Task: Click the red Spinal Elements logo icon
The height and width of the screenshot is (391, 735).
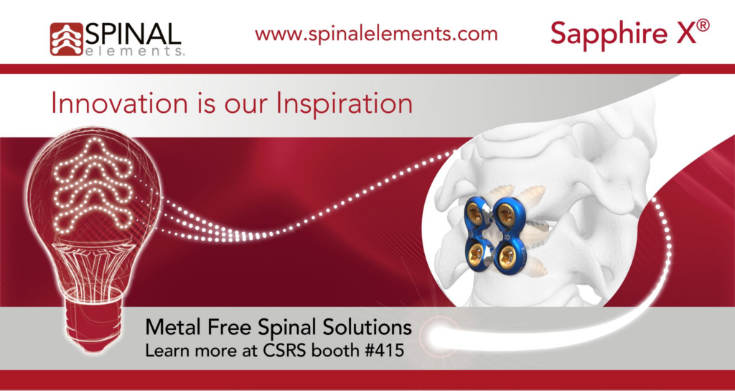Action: point(66,39)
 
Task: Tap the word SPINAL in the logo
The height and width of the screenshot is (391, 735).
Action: point(133,33)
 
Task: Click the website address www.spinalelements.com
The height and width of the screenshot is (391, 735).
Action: point(376,34)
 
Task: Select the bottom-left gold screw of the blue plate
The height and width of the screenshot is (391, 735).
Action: point(474,253)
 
